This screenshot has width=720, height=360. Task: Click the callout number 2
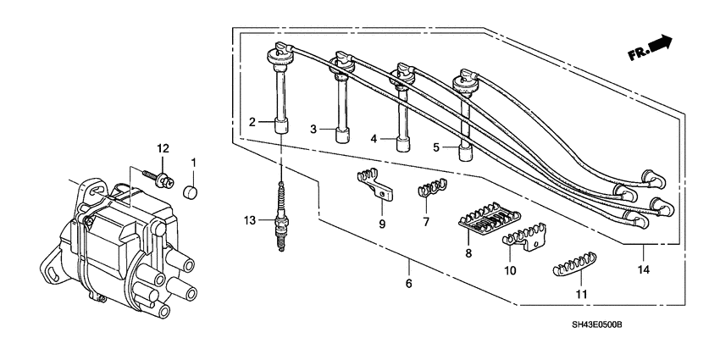[252, 123]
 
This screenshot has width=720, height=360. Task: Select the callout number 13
[249, 221]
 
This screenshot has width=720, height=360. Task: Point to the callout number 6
[408, 285]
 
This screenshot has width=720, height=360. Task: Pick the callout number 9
[382, 224]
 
